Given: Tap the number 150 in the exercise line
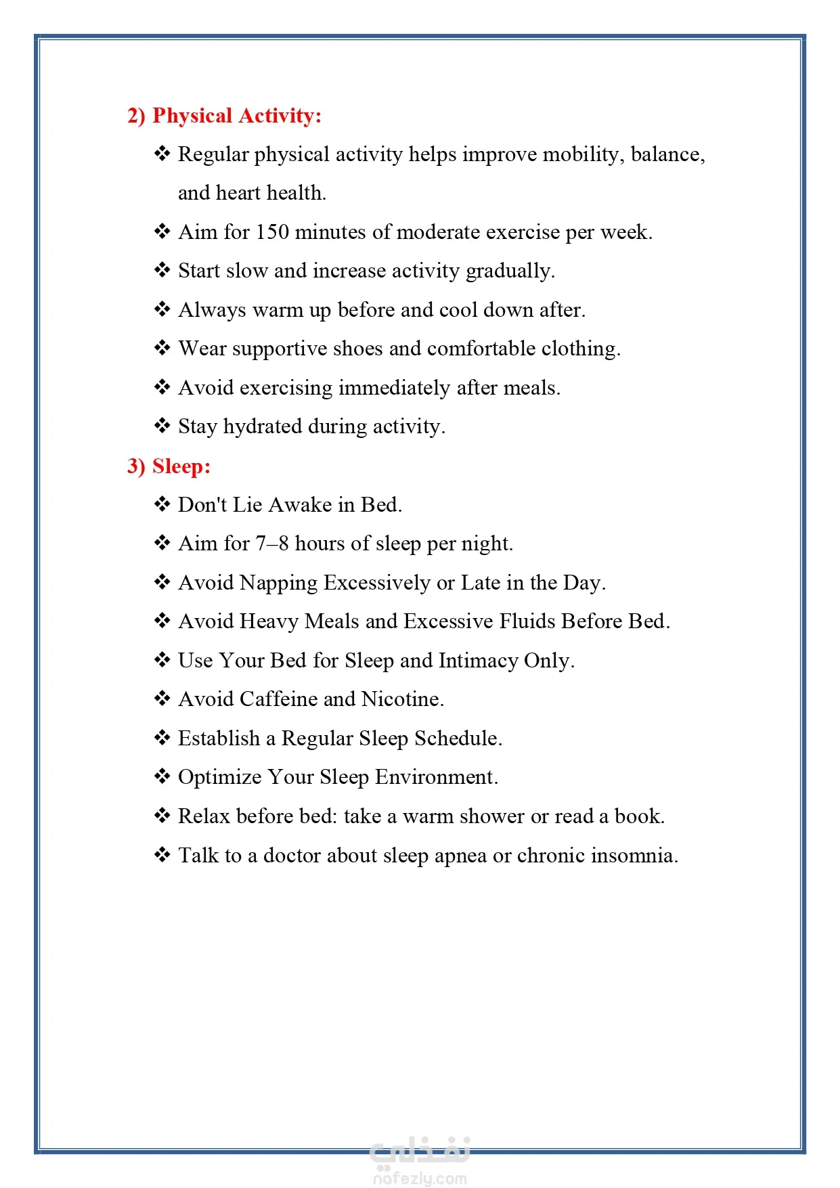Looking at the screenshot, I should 272,232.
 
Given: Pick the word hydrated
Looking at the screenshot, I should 263,427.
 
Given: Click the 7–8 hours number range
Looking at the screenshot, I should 272,544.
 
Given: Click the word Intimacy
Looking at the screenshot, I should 479,661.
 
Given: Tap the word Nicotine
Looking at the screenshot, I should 402,699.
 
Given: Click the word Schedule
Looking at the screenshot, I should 458,739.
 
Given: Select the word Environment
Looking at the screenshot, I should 436,777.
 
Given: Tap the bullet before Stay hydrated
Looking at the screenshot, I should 162,426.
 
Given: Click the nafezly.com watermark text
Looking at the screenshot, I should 420,1179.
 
